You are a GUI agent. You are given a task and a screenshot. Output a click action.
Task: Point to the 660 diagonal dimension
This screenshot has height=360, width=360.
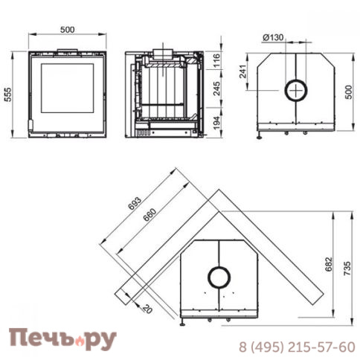(151, 212)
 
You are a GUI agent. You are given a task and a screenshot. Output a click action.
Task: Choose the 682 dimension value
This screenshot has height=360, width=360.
(329, 266)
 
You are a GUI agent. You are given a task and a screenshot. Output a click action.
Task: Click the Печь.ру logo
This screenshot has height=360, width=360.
(62, 339)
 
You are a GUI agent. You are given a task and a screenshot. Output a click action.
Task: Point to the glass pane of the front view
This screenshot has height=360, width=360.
(66, 89)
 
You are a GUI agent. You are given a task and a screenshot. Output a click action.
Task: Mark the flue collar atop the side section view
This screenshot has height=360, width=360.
(162, 54)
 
